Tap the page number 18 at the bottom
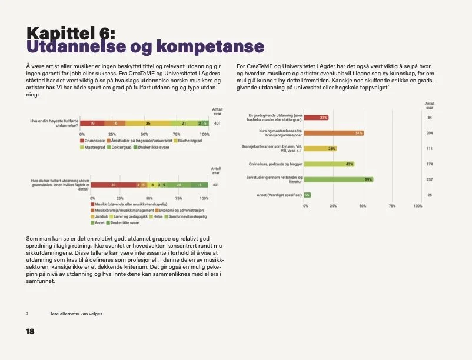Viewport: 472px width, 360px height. click(31, 332)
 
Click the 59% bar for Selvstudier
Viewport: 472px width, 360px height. click(339, 179)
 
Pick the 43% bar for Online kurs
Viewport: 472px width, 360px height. click(330, 164)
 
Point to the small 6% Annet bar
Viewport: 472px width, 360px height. click(308, 195)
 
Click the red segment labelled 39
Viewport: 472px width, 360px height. click(113, 185)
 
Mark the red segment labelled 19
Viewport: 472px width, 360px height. click(93, 123)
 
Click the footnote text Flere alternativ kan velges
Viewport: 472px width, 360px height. click(75, 314)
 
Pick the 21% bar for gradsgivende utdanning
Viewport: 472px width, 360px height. click(317, 118)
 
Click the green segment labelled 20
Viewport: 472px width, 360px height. click(179, 185)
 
